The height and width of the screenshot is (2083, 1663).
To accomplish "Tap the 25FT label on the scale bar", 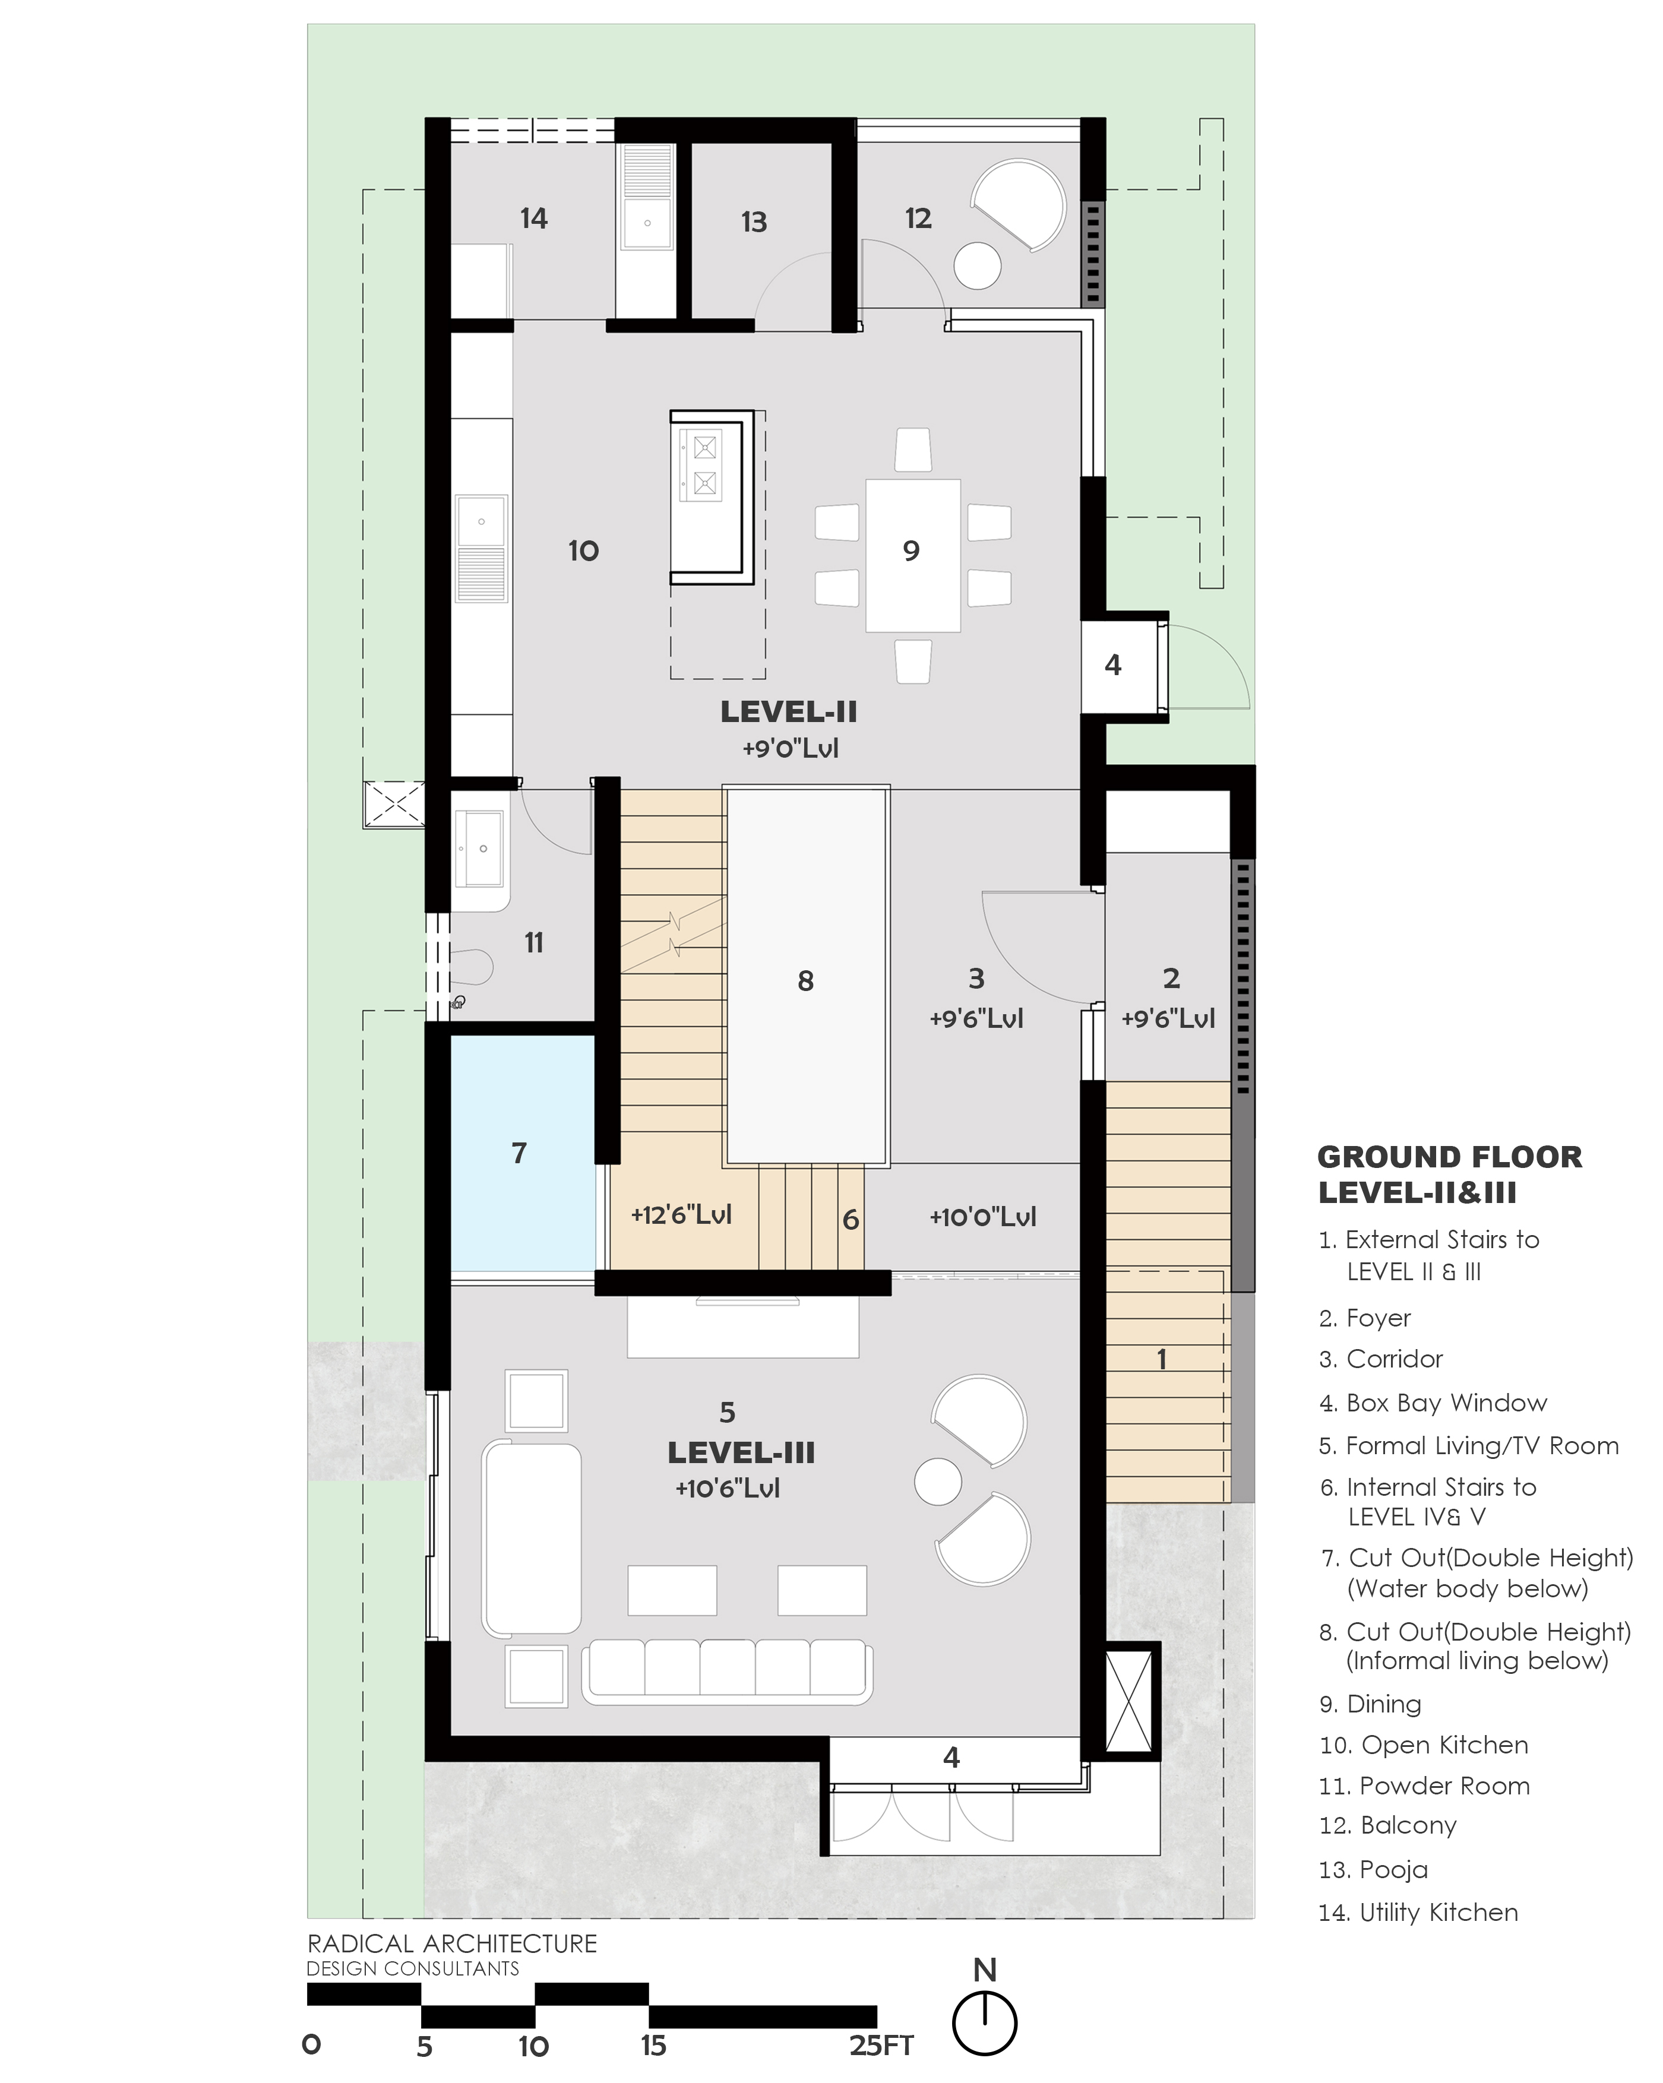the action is click(881, 2046).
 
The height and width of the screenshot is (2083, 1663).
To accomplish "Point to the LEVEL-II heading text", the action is click(789, 712).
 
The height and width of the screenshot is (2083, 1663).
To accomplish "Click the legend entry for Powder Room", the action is click(1424, 1786).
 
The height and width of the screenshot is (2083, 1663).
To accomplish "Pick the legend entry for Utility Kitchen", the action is click(1418, 1912).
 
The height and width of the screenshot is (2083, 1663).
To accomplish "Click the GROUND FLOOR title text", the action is click(1449, 1157).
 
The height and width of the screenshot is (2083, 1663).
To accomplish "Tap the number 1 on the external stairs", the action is click(1162, 1359).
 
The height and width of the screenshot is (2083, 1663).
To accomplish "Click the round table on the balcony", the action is click(978, 264).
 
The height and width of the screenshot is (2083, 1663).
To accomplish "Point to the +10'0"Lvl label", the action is click(983, 1217).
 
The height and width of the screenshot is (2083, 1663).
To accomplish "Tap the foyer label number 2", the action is click(1171, 978).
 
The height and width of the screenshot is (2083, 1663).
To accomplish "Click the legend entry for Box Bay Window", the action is click(1433, 1403).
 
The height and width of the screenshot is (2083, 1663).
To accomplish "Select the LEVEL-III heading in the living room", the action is click(741, 1452).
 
